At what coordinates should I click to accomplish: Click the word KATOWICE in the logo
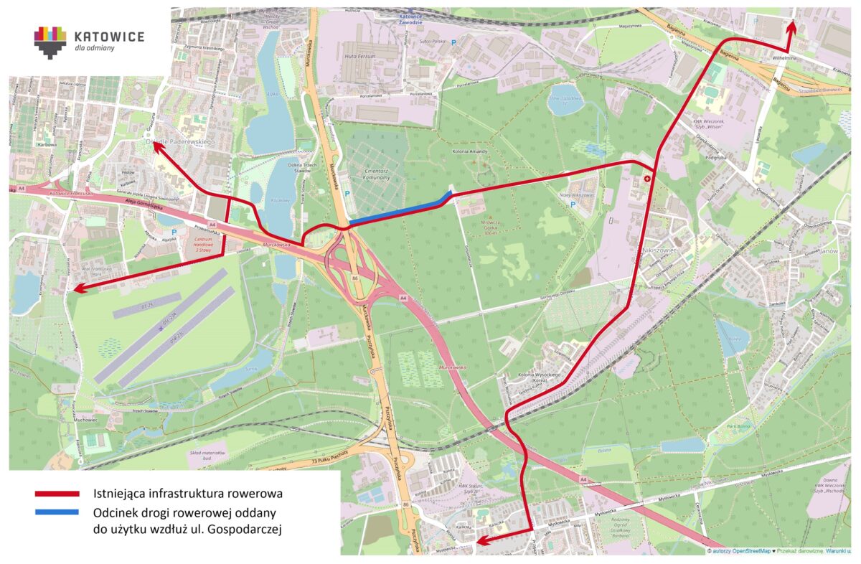pyautogui.click(x=109, y=36)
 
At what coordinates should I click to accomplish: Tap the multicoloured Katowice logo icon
pyautogui.click(x=50, y=42)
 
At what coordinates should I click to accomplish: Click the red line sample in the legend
pyautogui.click(x=57, y=493)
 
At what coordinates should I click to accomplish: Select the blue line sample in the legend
pyautogui.click(x=57, y=512)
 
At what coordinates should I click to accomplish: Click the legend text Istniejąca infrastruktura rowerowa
pyautogui.click(x=187, y=494)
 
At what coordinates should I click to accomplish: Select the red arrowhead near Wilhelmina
pyautogui.click(x=791, y=26)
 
